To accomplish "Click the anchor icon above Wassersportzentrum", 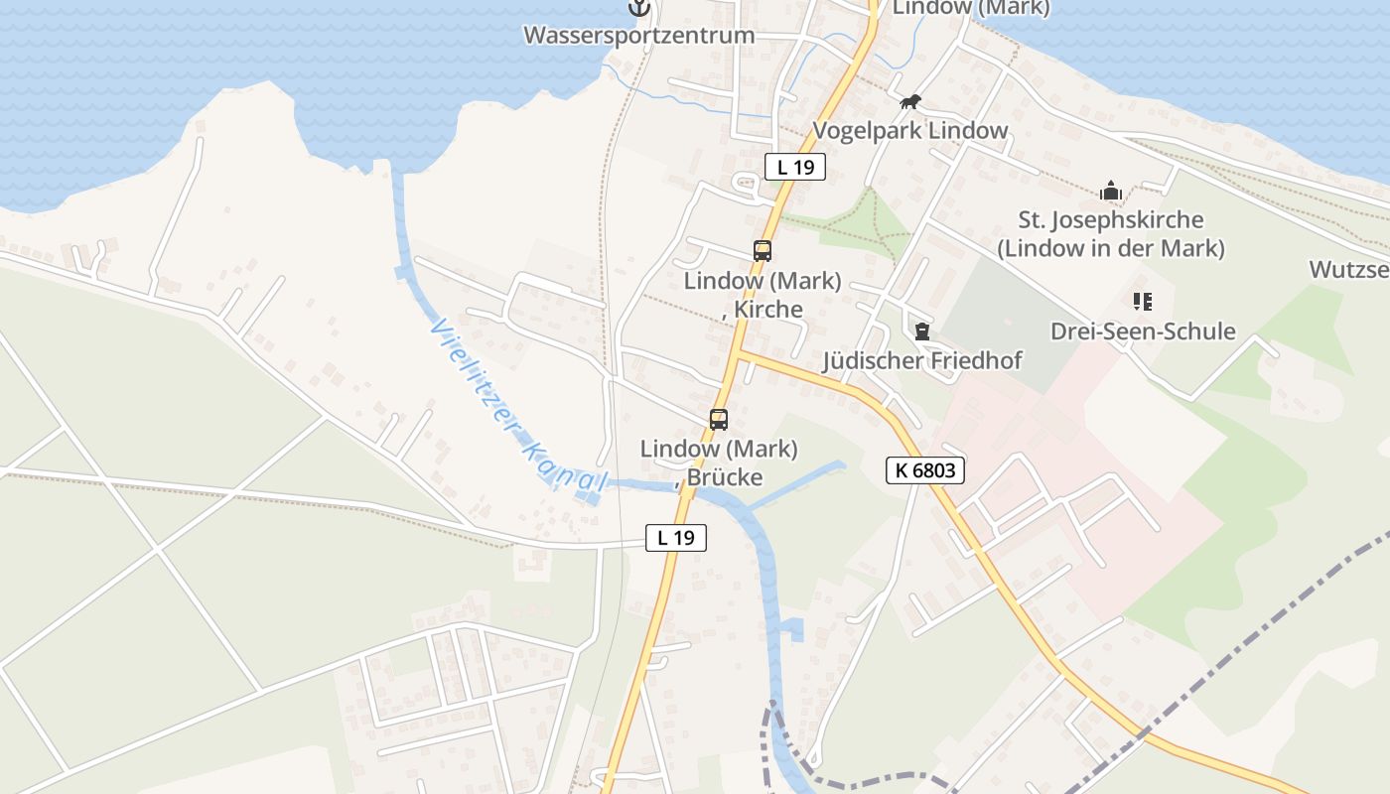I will (640, 8).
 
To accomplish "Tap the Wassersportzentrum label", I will (638, 36).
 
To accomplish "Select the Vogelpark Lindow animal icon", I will (910, 102).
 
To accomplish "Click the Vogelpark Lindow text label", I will (910, 130).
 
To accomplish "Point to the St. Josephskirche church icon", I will (1110, 191).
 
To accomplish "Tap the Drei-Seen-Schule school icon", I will (1142, 301).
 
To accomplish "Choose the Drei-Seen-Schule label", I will (1143, 331).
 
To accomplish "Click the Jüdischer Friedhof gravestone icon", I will (922, 331).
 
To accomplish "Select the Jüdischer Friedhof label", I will (922, 360).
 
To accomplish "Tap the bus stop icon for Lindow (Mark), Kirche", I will (763, 251).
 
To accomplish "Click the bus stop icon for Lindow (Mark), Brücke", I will (719, 419).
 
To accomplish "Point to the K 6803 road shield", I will (925, 470).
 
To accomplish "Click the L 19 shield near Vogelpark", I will (795, 167).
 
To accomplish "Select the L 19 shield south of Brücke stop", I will (676, 538).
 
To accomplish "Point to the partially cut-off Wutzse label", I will (1348, 269).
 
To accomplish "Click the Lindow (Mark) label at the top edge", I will (971, 8).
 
